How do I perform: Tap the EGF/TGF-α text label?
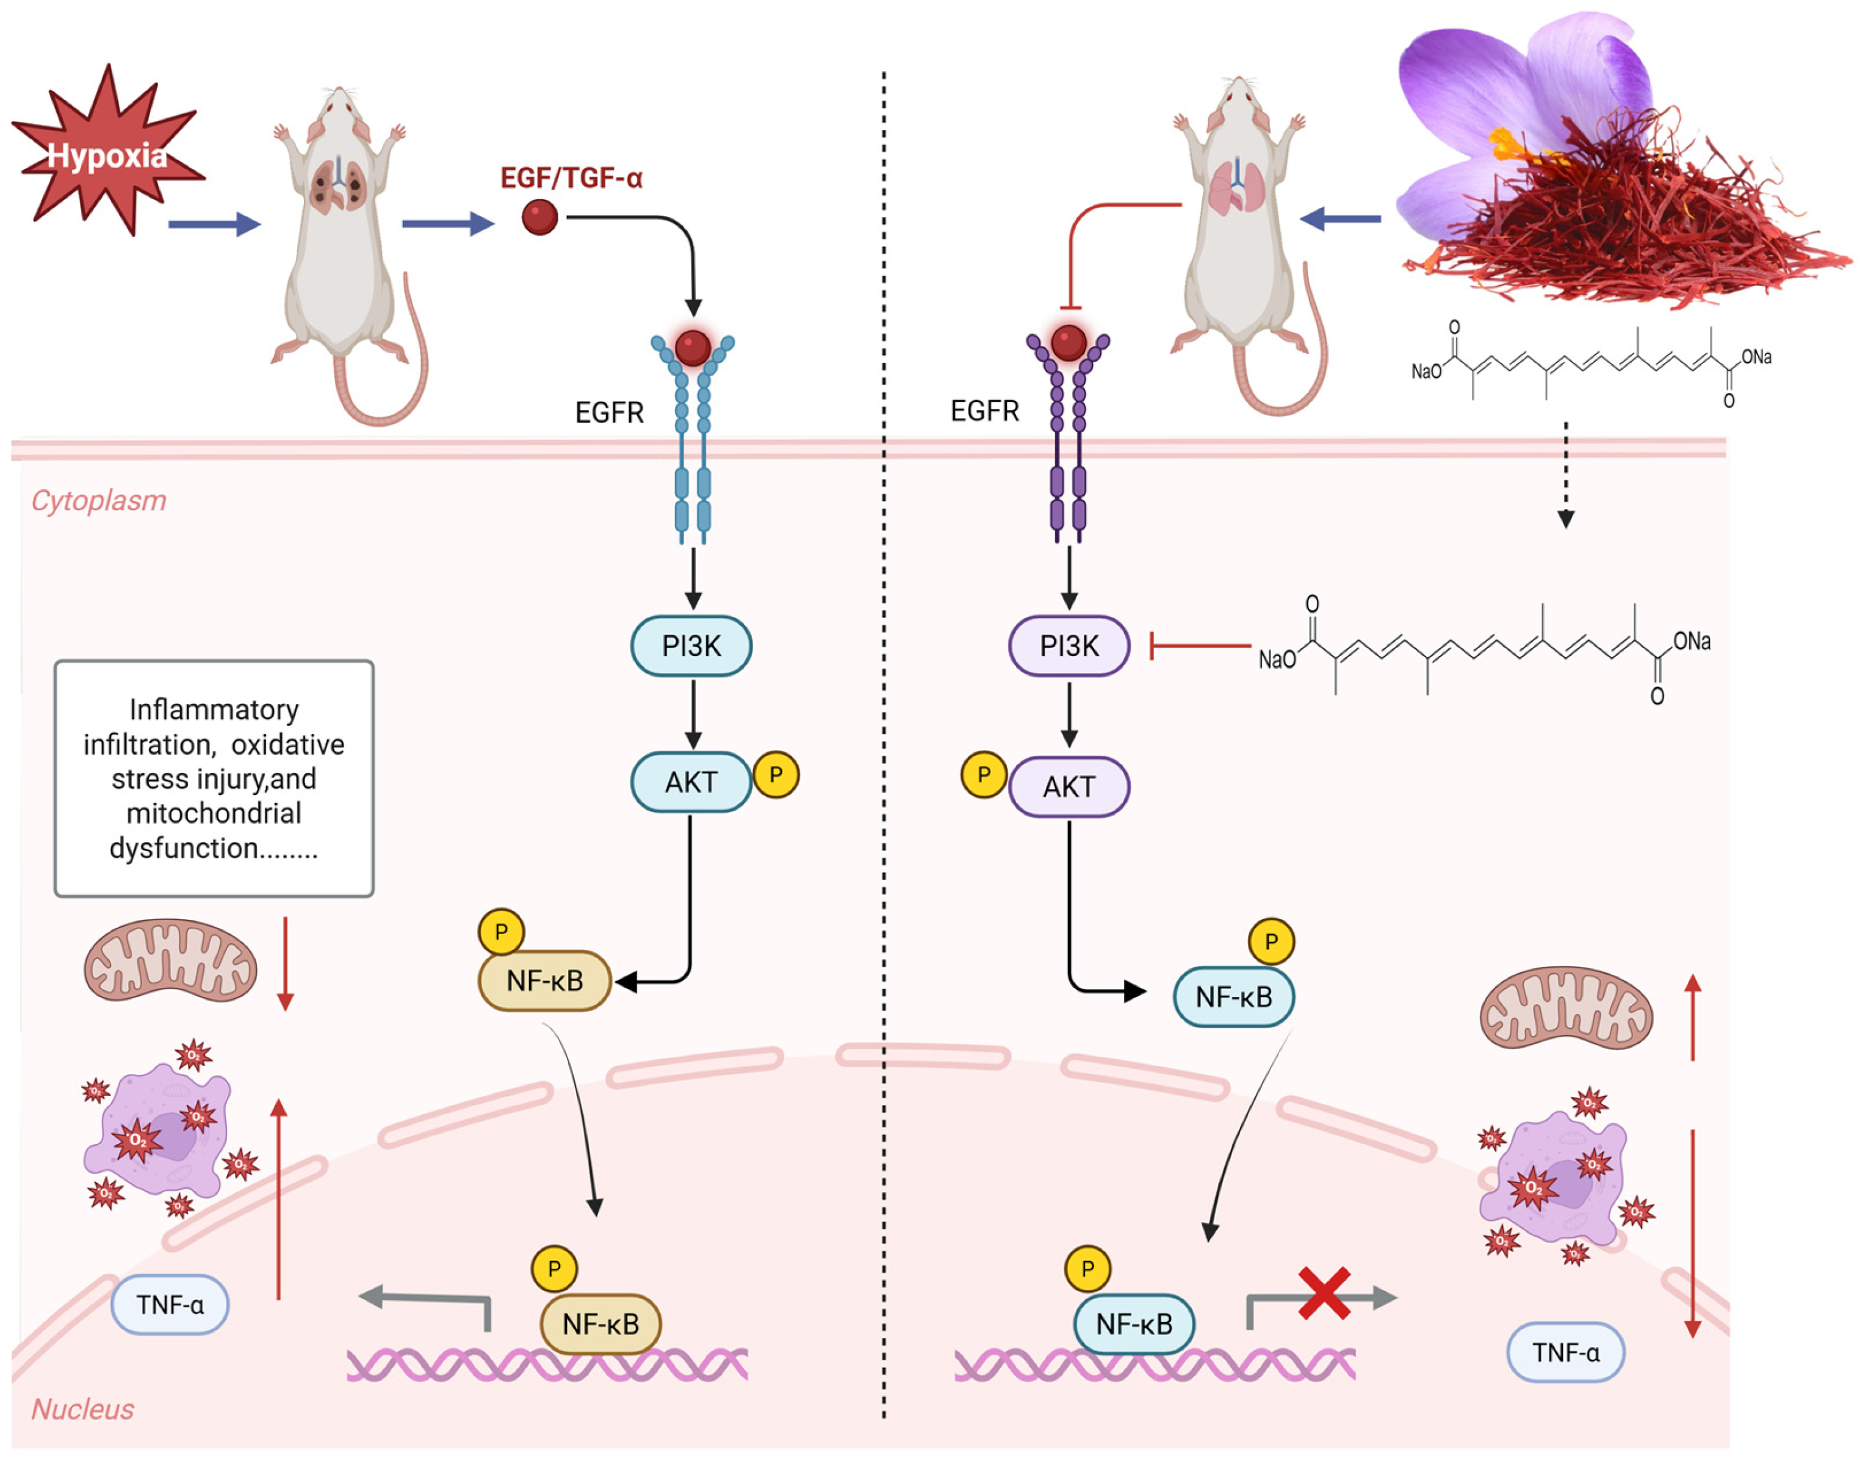pos(571,178)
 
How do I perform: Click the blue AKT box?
pos(691,782)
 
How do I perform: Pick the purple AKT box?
pos(1069,786)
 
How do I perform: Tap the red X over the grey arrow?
pos(1324,1292)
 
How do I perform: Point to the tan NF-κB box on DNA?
pos(600,1324)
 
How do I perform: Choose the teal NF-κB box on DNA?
pos(1134,1324)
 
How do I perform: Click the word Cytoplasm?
pos(99,500)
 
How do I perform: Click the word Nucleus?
pos(82,1409)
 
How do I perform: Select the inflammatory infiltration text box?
pos(214,779)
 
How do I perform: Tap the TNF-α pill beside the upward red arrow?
pos(170,1305)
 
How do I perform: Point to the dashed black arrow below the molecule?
pos(1566,474)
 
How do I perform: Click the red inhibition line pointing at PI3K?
pos(1199,645)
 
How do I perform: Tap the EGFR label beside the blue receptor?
pos(609,412)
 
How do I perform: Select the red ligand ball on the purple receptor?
pos(1069,343)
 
